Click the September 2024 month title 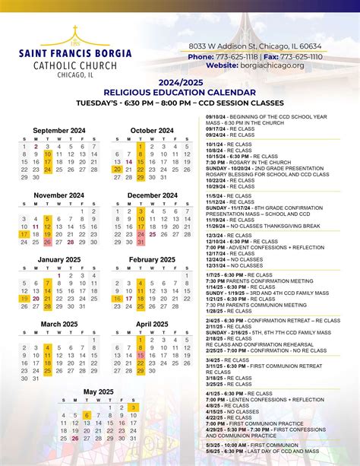click(x=59, y=130)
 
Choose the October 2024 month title click(x=152, y=130)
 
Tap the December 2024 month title click(x=152, y=195)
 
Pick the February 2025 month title click(x=152, y=260)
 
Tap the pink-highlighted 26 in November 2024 click(x=47, y=243)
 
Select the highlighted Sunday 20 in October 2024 click(x=117, y=170)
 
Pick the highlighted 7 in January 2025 click(x=47, y=283)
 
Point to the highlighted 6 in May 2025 click(x=87, y=415)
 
